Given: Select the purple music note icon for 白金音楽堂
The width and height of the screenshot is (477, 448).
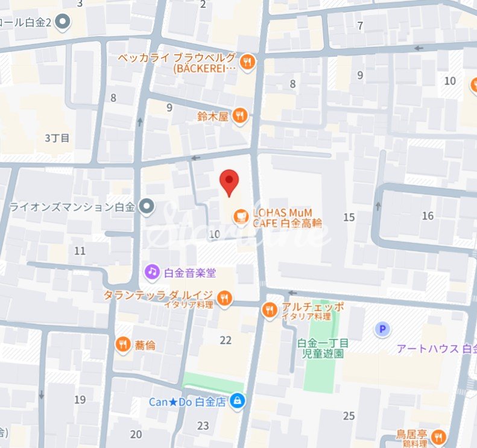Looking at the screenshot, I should [x=153, y=273].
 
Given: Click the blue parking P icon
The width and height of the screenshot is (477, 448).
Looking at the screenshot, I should [x=382, y=329].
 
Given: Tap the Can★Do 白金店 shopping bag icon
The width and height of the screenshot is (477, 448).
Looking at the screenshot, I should [x=238, y=401].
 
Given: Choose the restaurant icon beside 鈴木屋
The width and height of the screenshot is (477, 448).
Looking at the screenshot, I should [x=240, y=116].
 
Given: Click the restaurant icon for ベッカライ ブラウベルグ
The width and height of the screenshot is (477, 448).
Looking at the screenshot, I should [x=247, y=62].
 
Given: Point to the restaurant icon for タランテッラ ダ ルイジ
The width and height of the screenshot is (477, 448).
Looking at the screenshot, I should [x=224, y=297].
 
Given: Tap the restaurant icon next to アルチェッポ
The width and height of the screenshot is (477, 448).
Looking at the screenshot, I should [x=270, y=310].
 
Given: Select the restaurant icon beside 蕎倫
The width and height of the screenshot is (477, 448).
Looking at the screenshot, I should [x=123, y=344].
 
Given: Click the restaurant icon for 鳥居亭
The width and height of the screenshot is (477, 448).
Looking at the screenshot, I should [x=439, y=437].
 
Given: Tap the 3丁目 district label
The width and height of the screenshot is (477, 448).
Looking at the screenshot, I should [x=57, y=138].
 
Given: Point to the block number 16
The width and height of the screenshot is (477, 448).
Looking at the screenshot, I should [x=428, y=216].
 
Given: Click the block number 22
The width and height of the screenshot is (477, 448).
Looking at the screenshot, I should [x=226, y=341].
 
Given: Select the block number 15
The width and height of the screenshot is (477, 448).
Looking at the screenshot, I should [x=349, y=218].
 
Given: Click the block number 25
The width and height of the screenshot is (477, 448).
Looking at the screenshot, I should [x=349, y=415].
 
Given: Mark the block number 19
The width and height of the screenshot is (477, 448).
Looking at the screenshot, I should [x=80, y=400].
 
